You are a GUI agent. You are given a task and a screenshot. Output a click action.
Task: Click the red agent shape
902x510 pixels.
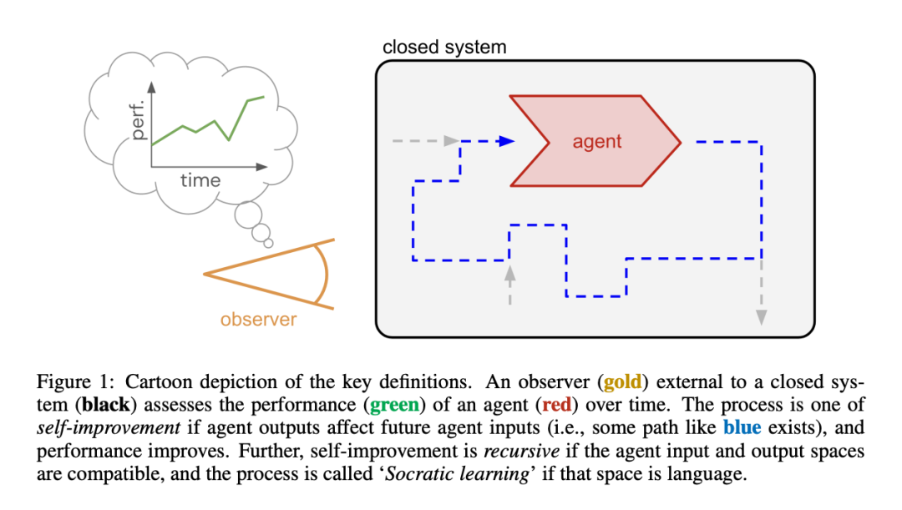tap(596, 140)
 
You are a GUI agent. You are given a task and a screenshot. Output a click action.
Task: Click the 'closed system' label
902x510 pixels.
tap(444, 46)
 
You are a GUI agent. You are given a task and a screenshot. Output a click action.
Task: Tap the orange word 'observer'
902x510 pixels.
tap(258, 320)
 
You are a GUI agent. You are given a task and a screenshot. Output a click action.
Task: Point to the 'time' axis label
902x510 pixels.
tap(200, 180)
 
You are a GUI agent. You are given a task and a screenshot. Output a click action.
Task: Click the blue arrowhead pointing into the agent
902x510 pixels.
tap(504, 141)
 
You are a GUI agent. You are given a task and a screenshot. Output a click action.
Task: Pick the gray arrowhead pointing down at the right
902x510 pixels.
tap(761, 316)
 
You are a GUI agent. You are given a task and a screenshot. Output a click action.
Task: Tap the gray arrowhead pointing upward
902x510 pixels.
tap(509, 272)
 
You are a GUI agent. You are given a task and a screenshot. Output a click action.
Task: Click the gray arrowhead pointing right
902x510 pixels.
tap(452, 141)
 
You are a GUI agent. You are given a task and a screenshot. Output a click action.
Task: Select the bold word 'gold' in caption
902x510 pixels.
tap(622, 383)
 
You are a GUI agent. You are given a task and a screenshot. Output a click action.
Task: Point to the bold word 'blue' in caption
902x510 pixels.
tap(742, 429)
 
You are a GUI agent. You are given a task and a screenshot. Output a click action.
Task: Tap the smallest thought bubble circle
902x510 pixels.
tap(268, 243)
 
